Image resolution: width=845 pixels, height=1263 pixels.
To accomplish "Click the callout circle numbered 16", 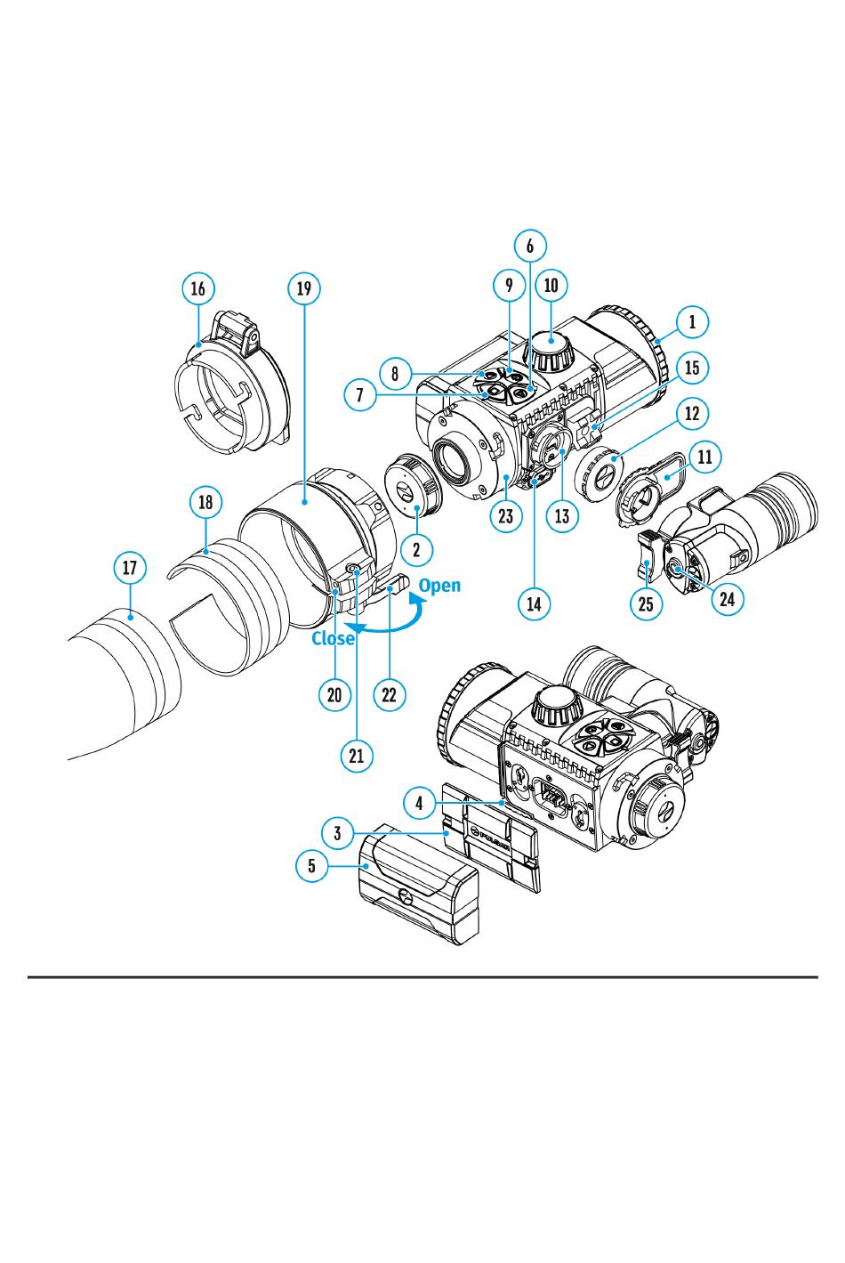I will pyautogui.click(x=197, y=288).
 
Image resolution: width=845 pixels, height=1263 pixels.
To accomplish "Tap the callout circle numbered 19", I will pyautogui.click(x=304, y=288).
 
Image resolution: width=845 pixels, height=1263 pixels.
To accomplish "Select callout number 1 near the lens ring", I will pyautogui.click(x=692, y=321).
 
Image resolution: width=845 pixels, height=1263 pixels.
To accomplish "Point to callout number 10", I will pyautogui.click(x=551, y=285).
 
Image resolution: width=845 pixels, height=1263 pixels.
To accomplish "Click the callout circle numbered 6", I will pyautogui.click(x=531, y=246).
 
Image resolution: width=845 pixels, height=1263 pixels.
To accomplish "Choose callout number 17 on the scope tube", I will pyautogui.click(x=130, y=567).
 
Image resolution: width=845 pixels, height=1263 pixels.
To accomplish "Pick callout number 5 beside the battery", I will pyautogui.click(x=312, y=864).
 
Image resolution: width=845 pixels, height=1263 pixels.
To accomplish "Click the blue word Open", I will pyautogui.click(x=439, y=585).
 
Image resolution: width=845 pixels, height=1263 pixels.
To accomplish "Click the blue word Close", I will pyautogui.click(x=333, y=638).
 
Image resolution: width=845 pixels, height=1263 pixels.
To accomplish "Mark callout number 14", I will pyautogui.click(x=534, y=603).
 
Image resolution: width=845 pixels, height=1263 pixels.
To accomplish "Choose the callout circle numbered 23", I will pyautogui.click(x=506, y=516).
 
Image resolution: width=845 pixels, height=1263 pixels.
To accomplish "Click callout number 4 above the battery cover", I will pyautogui.click(x=419, y=803).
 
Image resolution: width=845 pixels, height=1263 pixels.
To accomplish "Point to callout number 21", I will pyautogui.click(x=357, y=756).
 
